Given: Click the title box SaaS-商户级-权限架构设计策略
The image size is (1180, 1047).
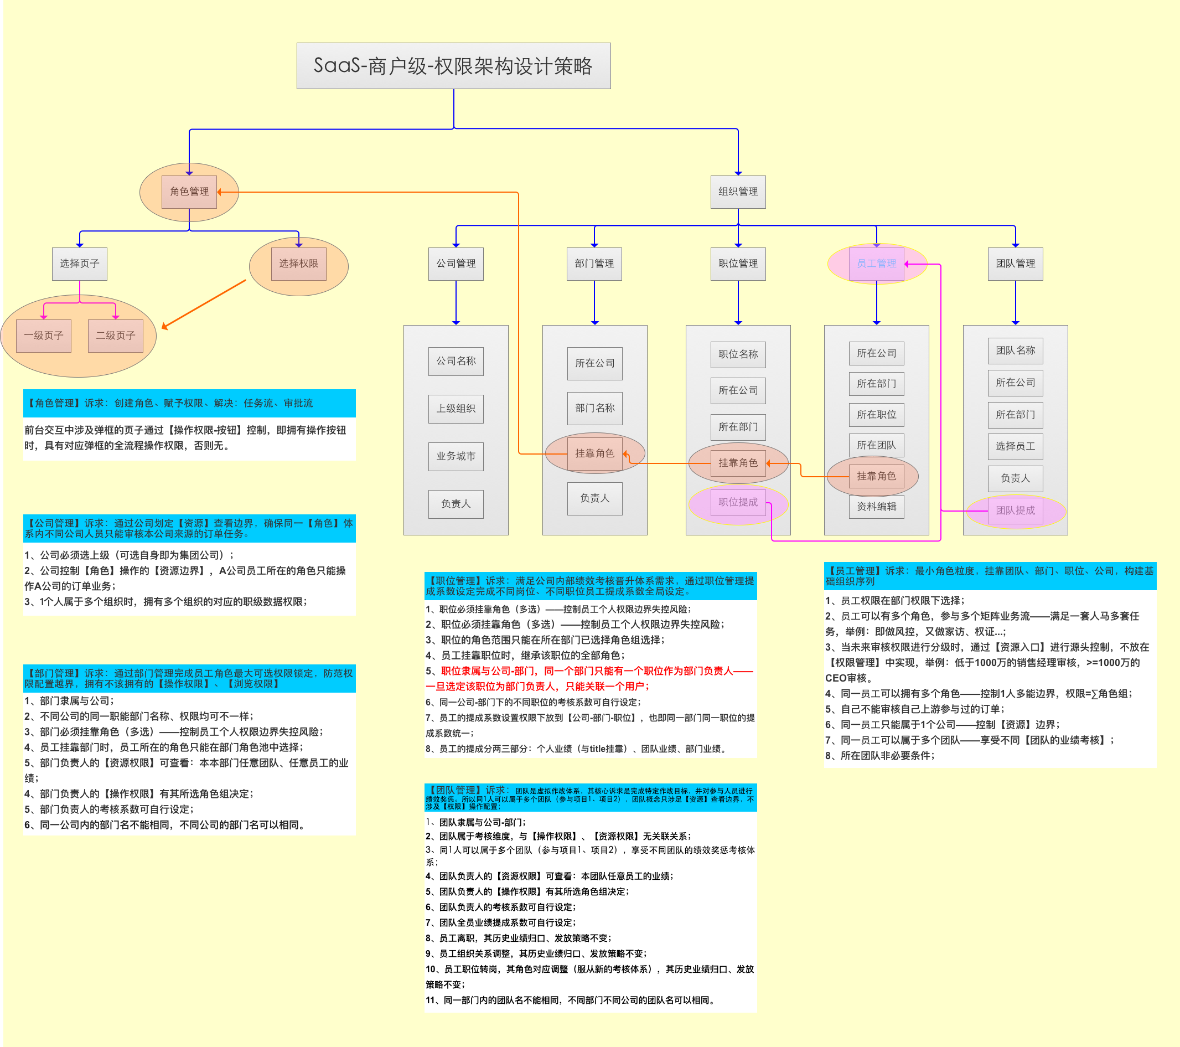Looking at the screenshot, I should (x=453, y=66).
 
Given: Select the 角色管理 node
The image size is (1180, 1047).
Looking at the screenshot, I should (x=189, y=192).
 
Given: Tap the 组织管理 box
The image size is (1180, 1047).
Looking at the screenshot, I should (x=737, y=192).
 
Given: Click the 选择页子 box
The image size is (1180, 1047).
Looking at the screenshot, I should (x=79, y=264).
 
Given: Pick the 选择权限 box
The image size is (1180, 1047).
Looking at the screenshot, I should (x=298, y=264).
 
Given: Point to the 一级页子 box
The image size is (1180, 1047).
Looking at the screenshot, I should (x=43, y=336).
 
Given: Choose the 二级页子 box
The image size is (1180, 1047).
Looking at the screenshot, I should (x=116, y=336).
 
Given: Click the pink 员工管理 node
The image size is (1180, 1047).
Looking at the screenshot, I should (x=876, y=264).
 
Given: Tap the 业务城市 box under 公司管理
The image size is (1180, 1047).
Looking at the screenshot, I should (x=456, y=456).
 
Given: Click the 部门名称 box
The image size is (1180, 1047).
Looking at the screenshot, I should (x=594, y=408).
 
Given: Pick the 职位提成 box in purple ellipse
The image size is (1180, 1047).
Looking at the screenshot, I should (x=737, y=502).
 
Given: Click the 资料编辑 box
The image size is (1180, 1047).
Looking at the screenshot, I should (x=876, y=507).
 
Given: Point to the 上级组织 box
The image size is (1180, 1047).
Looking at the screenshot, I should (x=456, y=409).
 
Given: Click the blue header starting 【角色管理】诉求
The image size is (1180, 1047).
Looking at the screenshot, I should (x=189, y=403).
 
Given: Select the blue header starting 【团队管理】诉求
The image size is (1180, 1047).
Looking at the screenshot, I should (x=590, y=797).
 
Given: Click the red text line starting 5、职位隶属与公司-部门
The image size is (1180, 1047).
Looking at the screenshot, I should (x=589, y=671).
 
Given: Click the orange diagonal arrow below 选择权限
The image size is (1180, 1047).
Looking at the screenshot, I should (x=204, y=305).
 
